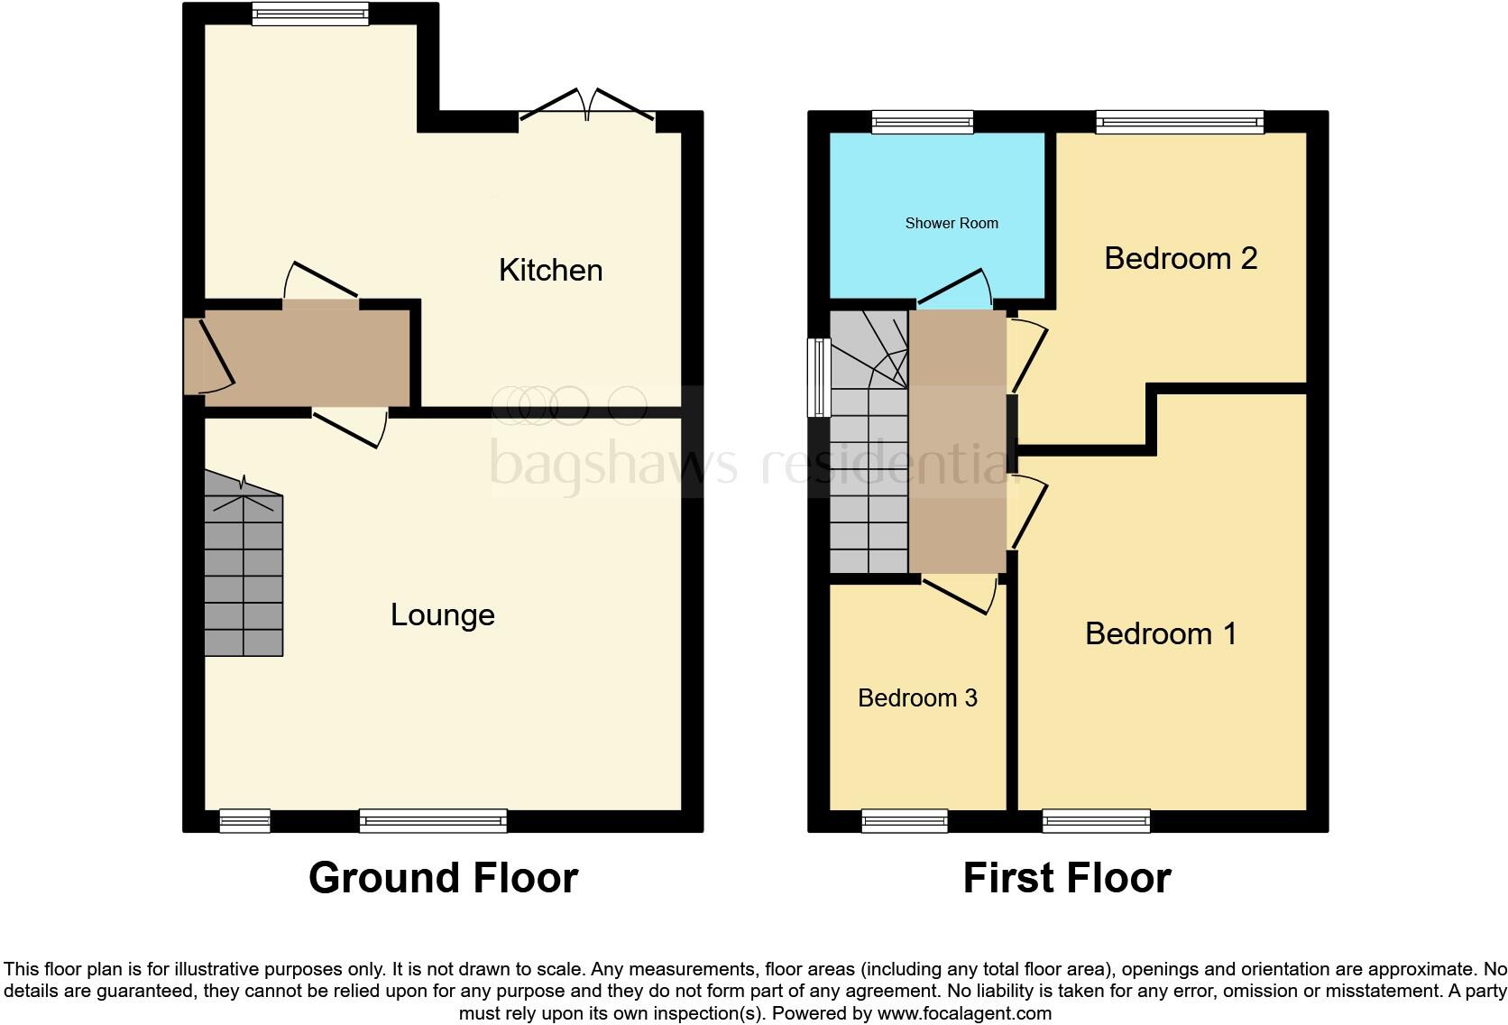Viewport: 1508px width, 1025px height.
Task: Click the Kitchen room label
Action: point(550,270)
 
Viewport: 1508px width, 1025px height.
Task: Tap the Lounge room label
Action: point(442,614)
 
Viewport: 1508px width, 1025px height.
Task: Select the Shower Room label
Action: point(952,223)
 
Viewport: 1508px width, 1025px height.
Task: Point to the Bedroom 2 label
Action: point(1180,258)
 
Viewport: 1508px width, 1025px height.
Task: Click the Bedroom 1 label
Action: point(1160,633)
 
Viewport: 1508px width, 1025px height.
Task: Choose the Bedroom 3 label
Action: point(917,697)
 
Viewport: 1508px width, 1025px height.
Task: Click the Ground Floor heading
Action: point(443,877)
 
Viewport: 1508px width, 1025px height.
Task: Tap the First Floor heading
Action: point(1066,877)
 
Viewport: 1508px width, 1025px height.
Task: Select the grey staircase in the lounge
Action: point(244,568)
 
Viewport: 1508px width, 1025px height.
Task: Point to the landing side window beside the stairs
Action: point(818,377)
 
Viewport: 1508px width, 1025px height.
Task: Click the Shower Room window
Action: point(923,122)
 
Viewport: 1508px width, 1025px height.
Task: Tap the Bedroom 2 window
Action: point(1179,122)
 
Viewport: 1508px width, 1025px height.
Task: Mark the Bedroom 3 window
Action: point(905,820)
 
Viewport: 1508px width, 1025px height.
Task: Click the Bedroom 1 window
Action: point(1096,820)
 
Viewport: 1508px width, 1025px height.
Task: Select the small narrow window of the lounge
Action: point(245,820)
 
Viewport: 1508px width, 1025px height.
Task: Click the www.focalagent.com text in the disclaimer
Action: point(964,1013)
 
